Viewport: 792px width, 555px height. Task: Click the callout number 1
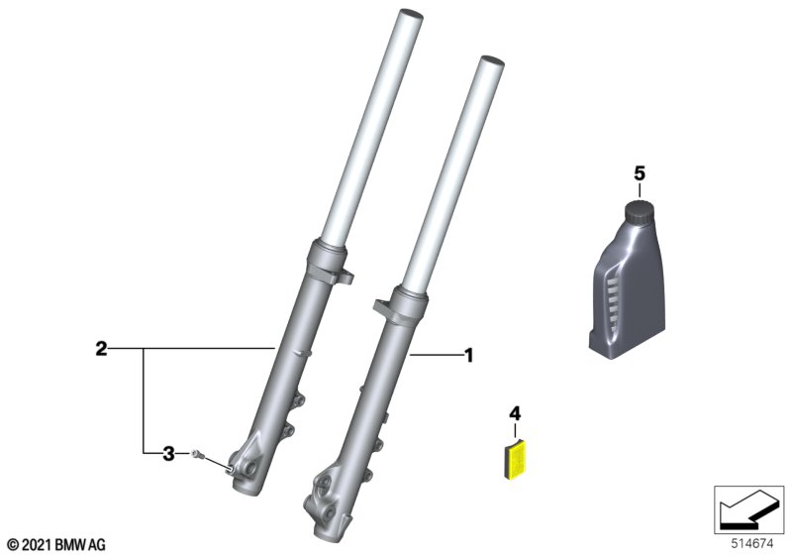click(468, 356)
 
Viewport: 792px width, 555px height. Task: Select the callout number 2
click(102, 349)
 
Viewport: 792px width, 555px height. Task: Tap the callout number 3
click(168, 453)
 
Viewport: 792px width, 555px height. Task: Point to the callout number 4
click(515, 413)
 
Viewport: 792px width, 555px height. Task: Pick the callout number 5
click(640, 173)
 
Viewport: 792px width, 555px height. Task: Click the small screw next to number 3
click(196, 454)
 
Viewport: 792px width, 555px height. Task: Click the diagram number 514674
click(752, 544)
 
